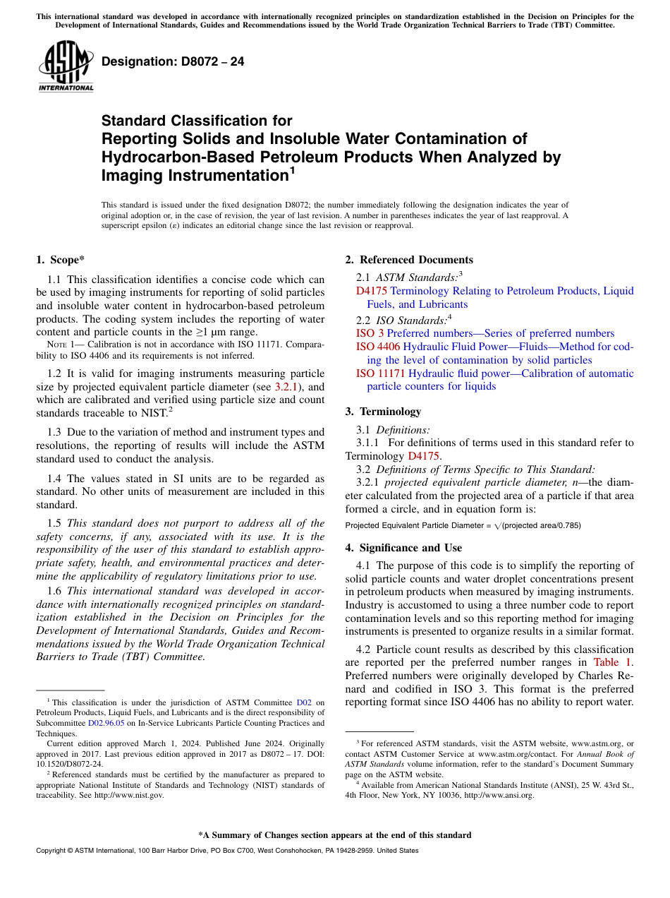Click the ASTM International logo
tap(66, 67)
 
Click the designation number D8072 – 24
tap(173, 61)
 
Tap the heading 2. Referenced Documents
tap(408, 260)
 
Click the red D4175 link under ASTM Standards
tap(372, 291)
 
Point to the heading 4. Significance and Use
tap(403, 548)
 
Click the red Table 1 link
tap(613, 662)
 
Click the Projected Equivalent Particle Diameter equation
tap(463, 526)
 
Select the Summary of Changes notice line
tap(334, 835)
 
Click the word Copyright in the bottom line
tap(52, 851)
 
